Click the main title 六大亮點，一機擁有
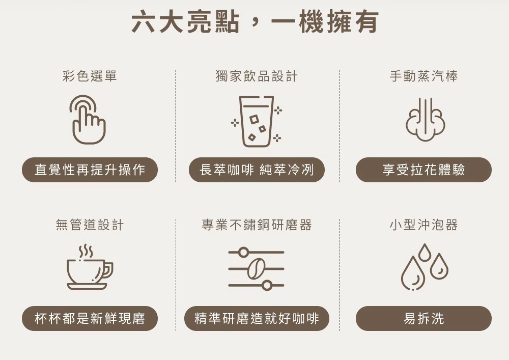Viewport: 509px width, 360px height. (254, 23)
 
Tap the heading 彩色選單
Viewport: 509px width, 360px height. (90, 76)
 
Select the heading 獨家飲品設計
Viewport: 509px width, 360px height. (257, 76)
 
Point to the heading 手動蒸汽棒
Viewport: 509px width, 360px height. (423, 76)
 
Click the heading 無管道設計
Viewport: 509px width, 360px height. (90, 225)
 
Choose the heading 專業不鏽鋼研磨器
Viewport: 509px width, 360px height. (257, 225)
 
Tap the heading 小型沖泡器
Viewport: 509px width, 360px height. (423, 225)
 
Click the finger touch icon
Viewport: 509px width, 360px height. (88, 120)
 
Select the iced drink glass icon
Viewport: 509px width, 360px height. (257, 121)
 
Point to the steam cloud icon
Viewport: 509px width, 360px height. (425, 120)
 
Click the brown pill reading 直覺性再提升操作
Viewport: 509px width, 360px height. (90, 170)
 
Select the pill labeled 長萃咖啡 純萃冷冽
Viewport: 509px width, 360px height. (257, 170)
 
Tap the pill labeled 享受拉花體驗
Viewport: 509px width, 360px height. (423, 170)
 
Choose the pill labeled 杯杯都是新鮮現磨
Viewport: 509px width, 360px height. (90, 319)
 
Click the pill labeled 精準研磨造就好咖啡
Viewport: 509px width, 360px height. (257, 319)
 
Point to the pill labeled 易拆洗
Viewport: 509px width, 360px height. (423, 319)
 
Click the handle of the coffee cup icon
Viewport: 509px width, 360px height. (108, 271)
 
